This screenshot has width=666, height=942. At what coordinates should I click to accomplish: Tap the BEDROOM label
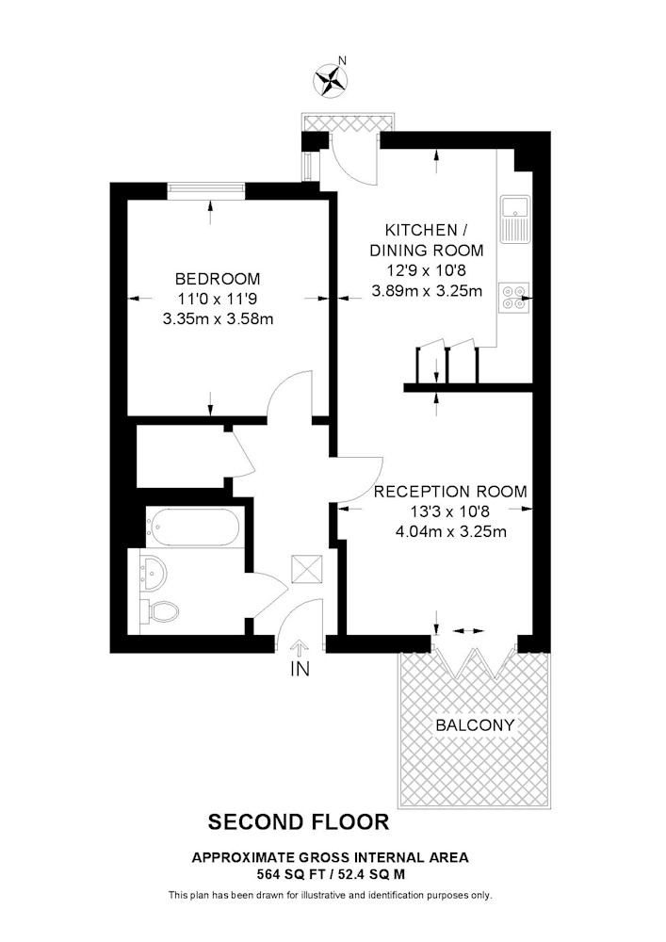click(218, 279)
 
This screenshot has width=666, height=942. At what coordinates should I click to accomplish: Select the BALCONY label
click(475, 725)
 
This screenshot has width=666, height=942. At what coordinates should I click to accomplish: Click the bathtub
click(193, 527)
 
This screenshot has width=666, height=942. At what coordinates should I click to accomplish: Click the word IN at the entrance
click(300, 669)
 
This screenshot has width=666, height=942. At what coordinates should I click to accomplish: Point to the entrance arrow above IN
click(300, 649)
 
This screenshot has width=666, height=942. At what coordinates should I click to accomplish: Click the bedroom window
click(206, 190)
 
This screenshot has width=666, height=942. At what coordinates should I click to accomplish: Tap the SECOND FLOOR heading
click(299, 821)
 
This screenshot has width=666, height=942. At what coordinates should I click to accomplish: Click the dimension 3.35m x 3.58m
click(218, 319)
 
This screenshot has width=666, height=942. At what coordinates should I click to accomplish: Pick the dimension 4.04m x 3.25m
click(451, 531)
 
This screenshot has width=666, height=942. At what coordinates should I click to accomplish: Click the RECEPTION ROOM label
click(450, 492)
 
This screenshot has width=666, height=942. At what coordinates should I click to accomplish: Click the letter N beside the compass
click(343, 60)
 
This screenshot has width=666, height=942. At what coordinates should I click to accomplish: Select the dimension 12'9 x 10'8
click(427, 270)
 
